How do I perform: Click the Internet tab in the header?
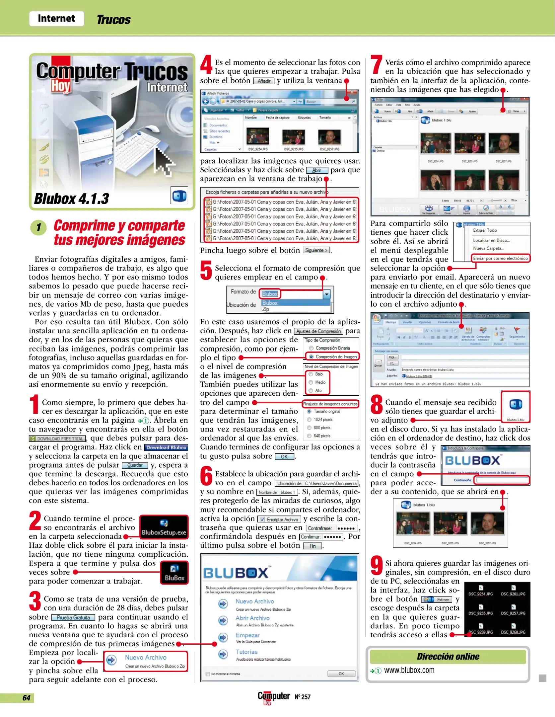coord(56,19)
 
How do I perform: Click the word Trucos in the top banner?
coord(113,20)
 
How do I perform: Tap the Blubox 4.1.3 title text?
coord(72,199)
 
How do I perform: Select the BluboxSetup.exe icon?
coord(164,526)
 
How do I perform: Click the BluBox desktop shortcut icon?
coord(174,573)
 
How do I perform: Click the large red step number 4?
coord(206,65)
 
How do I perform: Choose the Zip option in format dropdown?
coord(266,309)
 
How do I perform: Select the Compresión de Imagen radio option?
coord(335,357)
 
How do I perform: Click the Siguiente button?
coord(316,250)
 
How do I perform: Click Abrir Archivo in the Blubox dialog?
coord(252,618)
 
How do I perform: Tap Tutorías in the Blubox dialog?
coord(246,652)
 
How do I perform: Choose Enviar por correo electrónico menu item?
coord(500,258)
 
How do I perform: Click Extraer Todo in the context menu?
coord(485,230)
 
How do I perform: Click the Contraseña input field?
coord(502,480)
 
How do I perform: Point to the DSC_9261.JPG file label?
coord(513,594)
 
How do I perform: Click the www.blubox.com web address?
coord(409,670)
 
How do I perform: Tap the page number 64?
coord(26,698)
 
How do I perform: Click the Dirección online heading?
coord(448,657)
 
